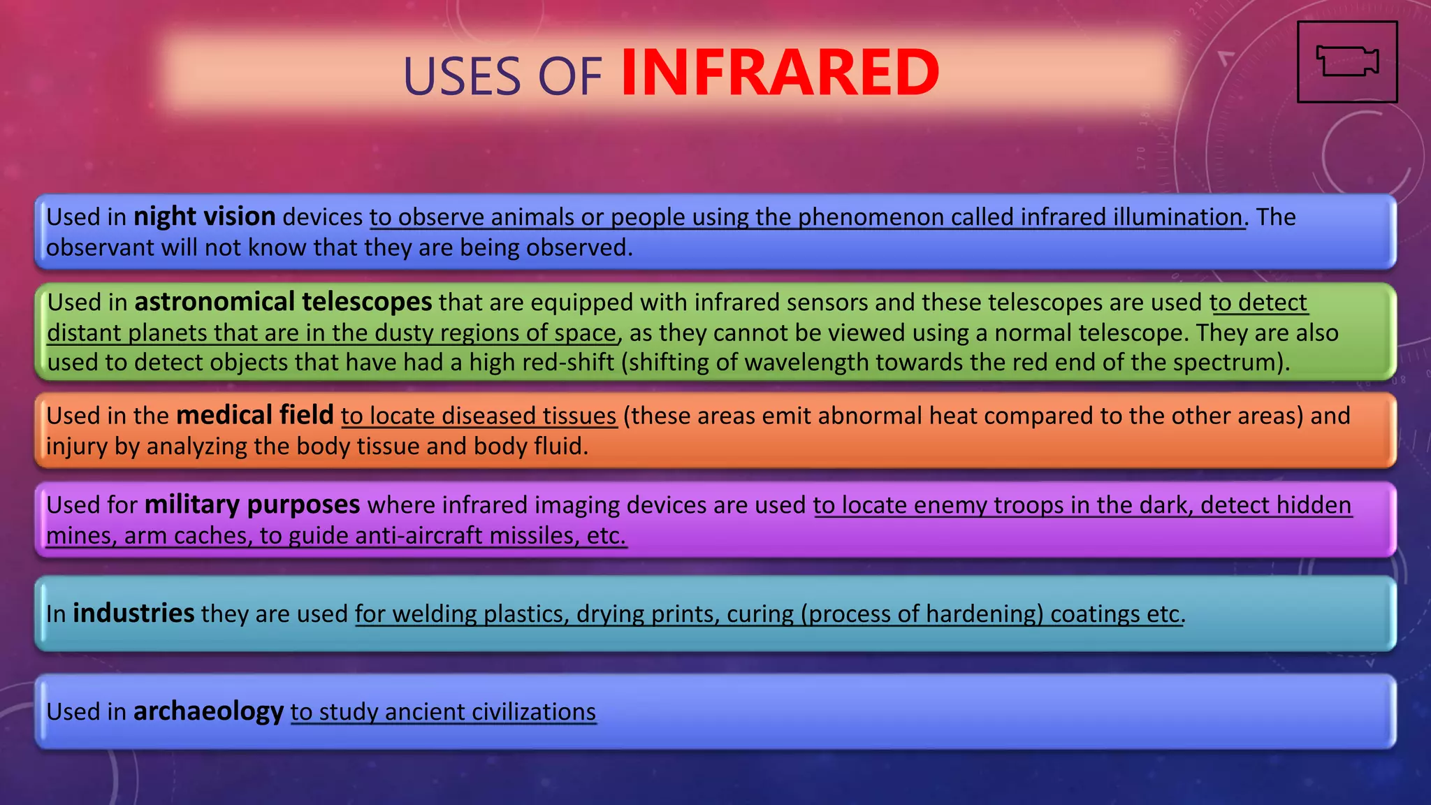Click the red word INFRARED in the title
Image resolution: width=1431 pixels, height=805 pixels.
(x=780, y=73)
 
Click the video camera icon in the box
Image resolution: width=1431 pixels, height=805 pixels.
(x=1346, y=61)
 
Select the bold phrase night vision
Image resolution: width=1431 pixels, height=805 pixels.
(x=205, y=217)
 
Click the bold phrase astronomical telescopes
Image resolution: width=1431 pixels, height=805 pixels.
(x=283, y=302)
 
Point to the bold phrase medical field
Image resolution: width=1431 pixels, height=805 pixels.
(x=255, y=415)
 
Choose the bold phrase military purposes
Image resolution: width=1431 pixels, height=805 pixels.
(x=252, y=505)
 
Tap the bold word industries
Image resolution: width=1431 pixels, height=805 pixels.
(x=133, y=614)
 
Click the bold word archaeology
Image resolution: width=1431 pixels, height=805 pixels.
(x=208, y=711)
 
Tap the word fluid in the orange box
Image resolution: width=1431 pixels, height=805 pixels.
(x=561, y=446)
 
